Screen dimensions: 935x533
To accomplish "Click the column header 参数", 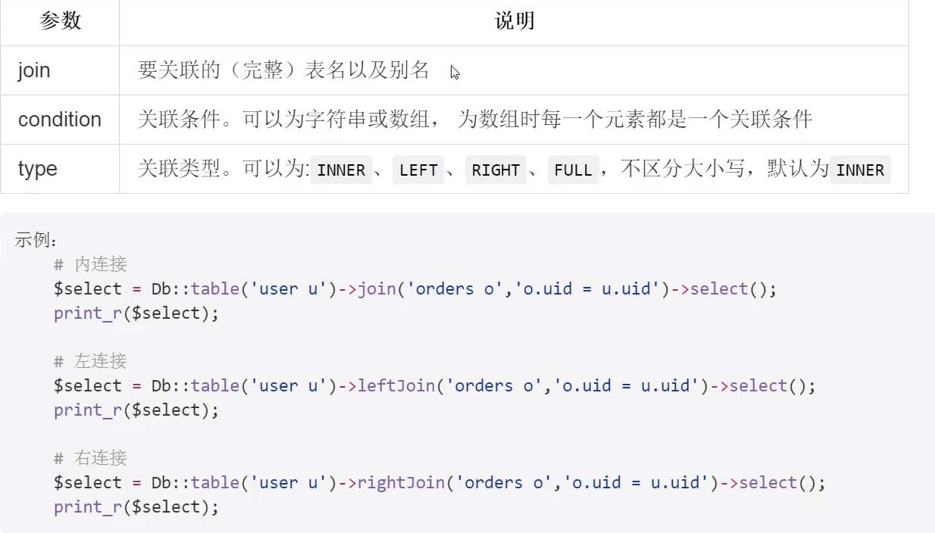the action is click(x=60, y=21).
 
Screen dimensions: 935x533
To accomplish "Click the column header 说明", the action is click(x=514, y=21).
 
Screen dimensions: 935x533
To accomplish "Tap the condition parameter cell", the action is click(x=60, y=120).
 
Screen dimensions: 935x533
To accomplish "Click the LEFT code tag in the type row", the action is click(x=418, y=170).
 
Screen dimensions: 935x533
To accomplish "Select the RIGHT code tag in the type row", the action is click(x=496, y=170).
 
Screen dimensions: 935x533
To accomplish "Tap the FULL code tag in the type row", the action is click(x=573, y=170).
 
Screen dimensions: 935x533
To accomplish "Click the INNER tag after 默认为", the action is click(x=860, y=170).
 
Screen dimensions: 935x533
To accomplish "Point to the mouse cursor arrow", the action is click(x=454, y=72).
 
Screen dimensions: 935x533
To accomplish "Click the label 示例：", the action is click(x=36, y=240).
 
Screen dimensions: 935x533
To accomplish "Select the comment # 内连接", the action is click(x=90, y=264).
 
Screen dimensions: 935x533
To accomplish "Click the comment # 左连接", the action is click(x=90, y=361).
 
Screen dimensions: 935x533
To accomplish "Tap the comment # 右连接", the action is click(x=90, y=458).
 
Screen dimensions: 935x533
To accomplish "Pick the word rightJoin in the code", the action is click(x=401, y=482).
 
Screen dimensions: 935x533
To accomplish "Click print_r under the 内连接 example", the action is click(x=88, y=313).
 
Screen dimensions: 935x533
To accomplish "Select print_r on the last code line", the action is click(x=88, y=507).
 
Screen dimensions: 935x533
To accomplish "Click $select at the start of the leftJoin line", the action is click(x=87, y=385).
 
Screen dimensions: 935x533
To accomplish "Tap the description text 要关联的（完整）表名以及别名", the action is click(x=283, y=70).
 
